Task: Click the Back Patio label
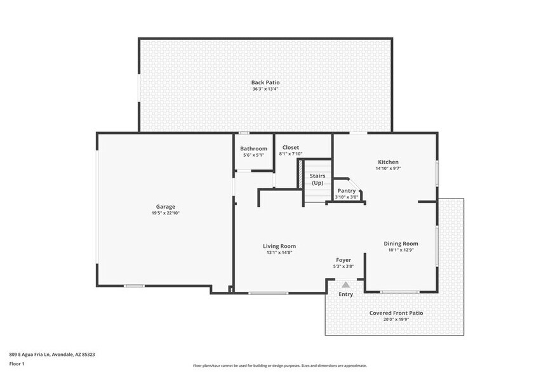coord(265,82)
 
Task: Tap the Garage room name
coord(166,206)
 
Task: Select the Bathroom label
coord(253,148)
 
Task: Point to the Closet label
coord(291,147)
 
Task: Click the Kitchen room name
coord(387,162)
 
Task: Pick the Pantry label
coord(347,190)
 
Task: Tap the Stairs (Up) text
coord(317,179)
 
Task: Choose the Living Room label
coord(279,246)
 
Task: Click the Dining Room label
coord(401,243)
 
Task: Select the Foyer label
coord(343,259)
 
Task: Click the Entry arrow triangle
coord(345,285)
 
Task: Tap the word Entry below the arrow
coord(345,294)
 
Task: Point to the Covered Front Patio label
coord(396,313)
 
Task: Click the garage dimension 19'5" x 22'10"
coord(166,213)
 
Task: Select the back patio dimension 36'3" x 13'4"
coord(265,89)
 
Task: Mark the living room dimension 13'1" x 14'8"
coord(279,252)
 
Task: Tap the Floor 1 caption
coord(17,363)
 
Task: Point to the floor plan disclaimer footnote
coord(280,365)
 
